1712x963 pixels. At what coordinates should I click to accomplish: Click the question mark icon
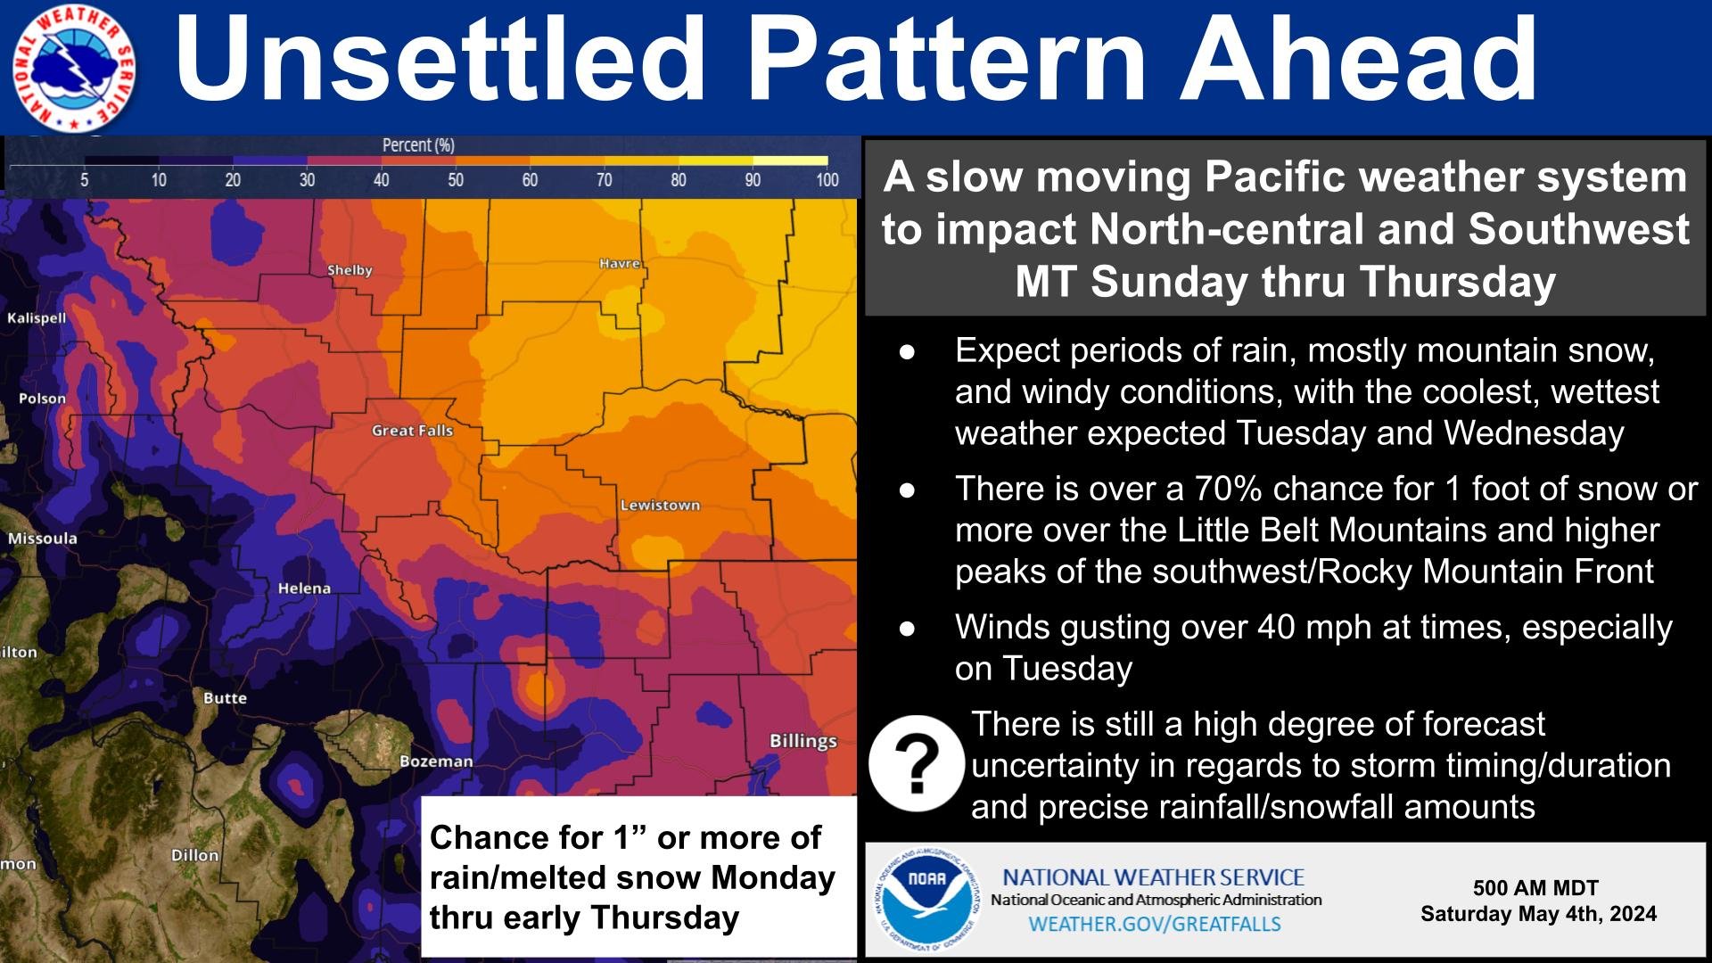pyautogui.click(x=917, y=763)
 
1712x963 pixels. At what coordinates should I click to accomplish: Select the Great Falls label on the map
pyautogui.click(x=412, y=431)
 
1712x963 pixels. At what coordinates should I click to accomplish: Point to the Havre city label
pyautogui.click(x=619, y=263)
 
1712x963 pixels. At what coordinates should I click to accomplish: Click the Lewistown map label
pyautogui.click(x=660, y=506)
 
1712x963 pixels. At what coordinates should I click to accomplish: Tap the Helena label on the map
pyautogui.click(x=304, y=588)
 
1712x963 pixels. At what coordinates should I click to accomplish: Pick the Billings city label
pyautogui.click(x=803, y=741)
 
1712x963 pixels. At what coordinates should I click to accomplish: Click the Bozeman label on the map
pyautogui.click(x=436, y=761)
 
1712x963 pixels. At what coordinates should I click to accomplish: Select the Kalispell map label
pyautogui.click(x=37, y=318)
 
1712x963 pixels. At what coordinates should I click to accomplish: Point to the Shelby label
pyautogui.click(x=350, y=270)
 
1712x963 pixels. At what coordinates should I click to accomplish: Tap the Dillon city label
pyautogui.click(x=194, y=855)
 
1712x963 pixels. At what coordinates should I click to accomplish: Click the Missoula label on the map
pyautogui.click(x=42, y=539)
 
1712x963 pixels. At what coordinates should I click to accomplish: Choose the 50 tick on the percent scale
pyautogui.click(x=456, y=180)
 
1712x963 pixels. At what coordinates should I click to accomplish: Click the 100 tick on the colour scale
pyautogui.click(x=827, y=180)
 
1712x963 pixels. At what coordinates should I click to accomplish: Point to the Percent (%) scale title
pyautogui.click(x=418, y=144)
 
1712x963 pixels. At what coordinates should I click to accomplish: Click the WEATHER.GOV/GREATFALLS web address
pyautogui.click(x=1155, y=924)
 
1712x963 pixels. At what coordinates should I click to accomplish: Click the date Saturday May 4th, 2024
pyautogui.click(x=1538, y=914)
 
